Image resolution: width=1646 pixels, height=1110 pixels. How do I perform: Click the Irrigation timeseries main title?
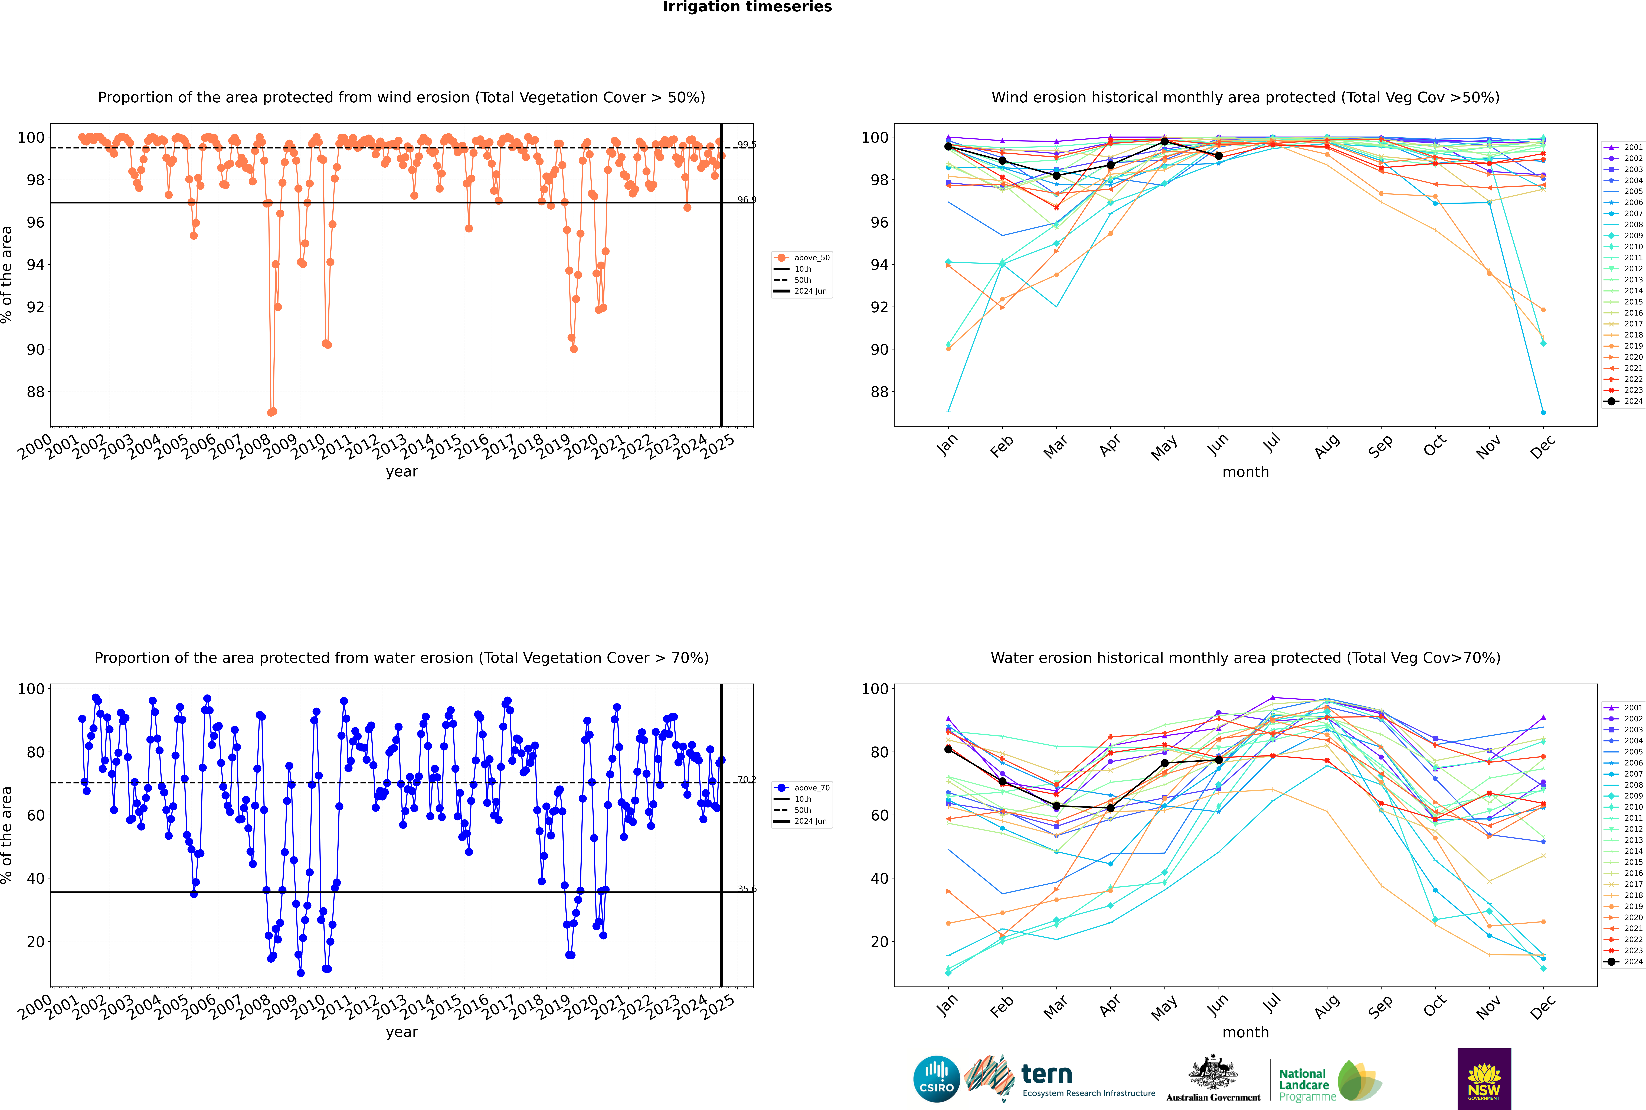(x=747, y=7)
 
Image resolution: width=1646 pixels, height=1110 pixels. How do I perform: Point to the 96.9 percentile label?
(x=747, y=200)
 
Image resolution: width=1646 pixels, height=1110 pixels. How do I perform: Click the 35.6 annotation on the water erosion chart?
(x=747, y=889)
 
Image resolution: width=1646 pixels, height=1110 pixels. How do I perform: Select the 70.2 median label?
(x=747, y=779)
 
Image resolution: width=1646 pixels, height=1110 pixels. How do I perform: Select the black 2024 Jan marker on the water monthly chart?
(x=948, y=749)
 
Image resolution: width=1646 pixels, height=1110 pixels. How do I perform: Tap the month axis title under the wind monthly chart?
(x=1245, y=472)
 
